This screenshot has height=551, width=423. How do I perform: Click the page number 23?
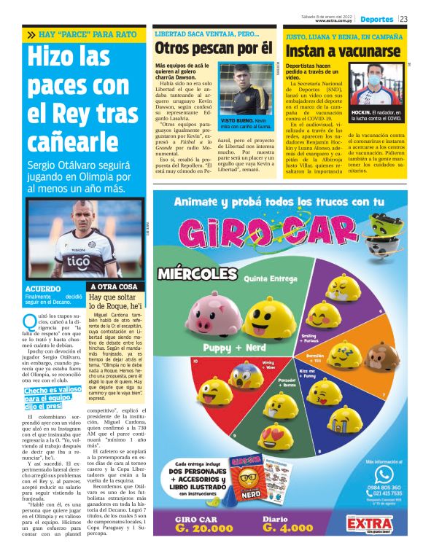pos(403,18)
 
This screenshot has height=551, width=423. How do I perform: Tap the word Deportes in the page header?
pos(376,18)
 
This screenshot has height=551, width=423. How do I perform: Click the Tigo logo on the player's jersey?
pos(78,259)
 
